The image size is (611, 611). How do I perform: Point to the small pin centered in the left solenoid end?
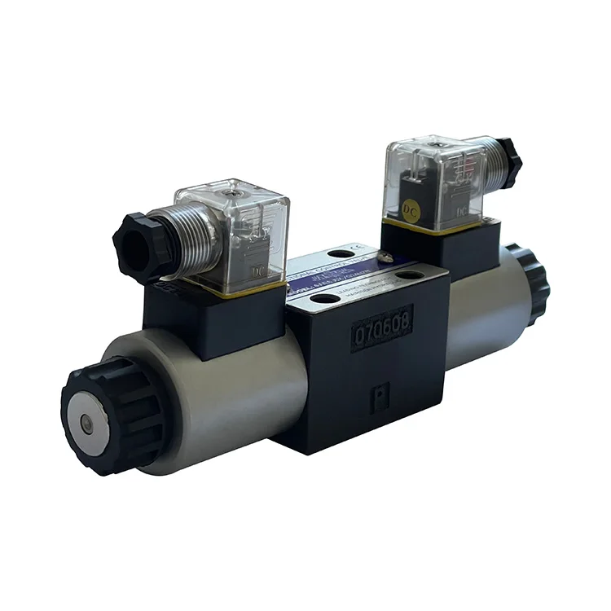point(86,423)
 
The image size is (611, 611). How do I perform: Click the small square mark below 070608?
point(378,398)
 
